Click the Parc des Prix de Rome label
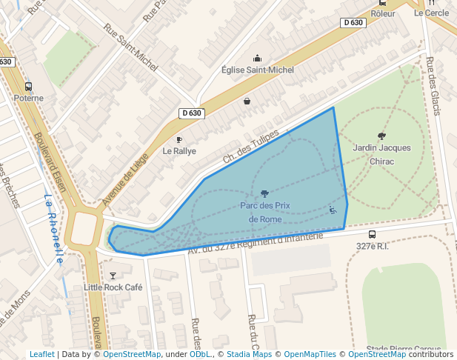coord(265,211)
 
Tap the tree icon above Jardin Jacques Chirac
coord(381,136)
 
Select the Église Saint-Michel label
coord(258,70)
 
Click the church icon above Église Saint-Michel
coord(258,58)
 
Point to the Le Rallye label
coord(179,150)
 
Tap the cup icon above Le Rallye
coord(179,139)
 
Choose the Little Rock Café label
coord(113,287)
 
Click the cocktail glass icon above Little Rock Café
coord(113,276)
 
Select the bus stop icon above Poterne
coord(29,86)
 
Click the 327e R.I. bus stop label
coord(372,245)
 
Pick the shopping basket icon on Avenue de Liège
coord(247,101)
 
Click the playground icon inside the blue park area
coord(333,210)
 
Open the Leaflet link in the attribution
coord(41,354)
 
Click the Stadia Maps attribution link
coord(249,354)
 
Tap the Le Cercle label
coord(431,13)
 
